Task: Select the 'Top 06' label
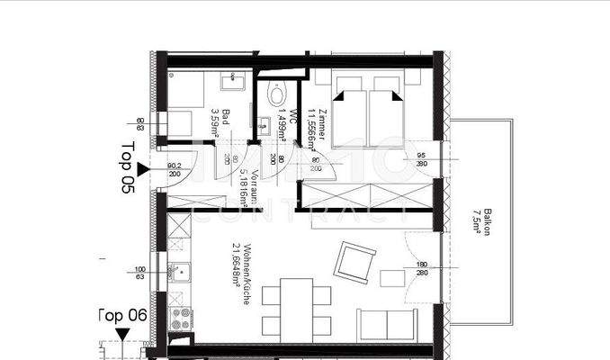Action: tap(122, 314)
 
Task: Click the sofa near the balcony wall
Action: tap(388, 325)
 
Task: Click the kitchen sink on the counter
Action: tap(180, 272)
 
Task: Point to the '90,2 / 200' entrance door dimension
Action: tap(175, 169)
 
